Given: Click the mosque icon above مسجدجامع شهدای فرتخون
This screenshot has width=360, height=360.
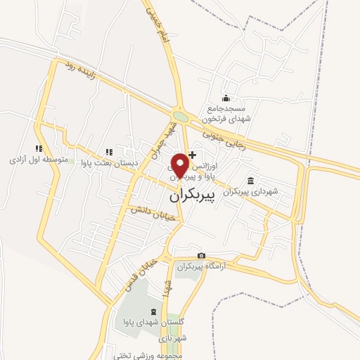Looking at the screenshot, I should (225, 98).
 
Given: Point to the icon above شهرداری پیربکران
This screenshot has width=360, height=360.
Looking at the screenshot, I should (251, 179).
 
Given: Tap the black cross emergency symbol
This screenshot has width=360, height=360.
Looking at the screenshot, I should (193, 155).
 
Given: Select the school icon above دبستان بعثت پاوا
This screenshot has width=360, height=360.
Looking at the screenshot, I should (108, 151).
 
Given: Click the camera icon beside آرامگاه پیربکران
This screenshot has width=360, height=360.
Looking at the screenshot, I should (202, 256).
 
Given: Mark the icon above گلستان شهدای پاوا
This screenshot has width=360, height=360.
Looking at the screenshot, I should (154, 311).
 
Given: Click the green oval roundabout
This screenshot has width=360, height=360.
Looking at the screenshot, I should (181, 117).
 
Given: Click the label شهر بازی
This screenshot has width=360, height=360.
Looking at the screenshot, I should (174, 338).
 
